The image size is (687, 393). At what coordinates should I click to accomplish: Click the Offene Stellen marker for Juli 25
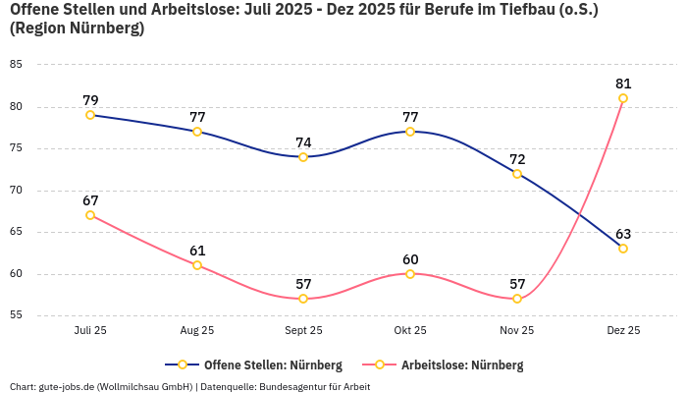tap(90, 115)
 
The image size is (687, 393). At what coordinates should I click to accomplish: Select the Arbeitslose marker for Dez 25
tap(623, 98)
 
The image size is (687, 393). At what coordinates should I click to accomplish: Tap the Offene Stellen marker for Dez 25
tap(623, 249)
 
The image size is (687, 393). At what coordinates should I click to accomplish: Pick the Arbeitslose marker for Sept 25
tap(303, 299)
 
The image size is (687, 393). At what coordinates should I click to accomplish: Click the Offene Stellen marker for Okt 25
tap(410, 132)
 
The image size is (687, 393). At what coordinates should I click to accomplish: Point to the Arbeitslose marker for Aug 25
tap(197, 265)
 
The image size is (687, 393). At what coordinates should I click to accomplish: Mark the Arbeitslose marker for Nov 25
tap(517, 299)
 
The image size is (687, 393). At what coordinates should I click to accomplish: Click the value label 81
tap(623, 84)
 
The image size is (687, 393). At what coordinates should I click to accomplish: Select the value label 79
tap(90, 100)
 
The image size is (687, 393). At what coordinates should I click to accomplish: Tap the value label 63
tap(623, 234)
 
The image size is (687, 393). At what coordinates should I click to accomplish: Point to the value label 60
tap(410, 259)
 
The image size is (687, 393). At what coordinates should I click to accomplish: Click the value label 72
tap(517, 159)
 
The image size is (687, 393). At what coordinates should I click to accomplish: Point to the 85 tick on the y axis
tap(16, 65)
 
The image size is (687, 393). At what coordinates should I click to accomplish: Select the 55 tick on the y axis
tap(16, 315)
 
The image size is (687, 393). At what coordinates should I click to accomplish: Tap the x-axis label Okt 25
tap(410, 331)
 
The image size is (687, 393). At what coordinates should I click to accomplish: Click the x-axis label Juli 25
tap(90, 331)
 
